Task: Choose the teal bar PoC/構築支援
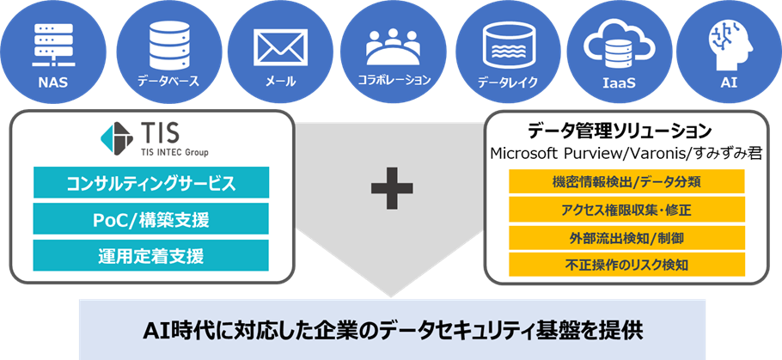click(150, 218)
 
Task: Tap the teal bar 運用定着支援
click(150, 254)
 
